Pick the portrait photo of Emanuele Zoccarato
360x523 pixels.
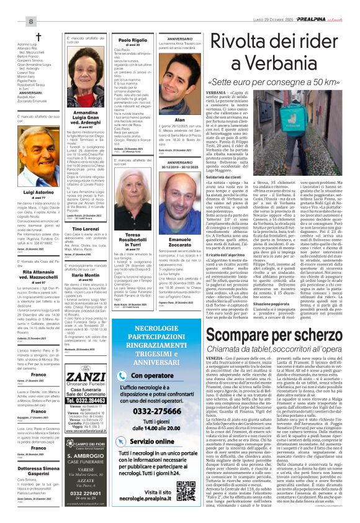click(179, 208)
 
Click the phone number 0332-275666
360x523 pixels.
click(157, 402)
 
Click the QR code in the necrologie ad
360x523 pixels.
click(187, 473)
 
